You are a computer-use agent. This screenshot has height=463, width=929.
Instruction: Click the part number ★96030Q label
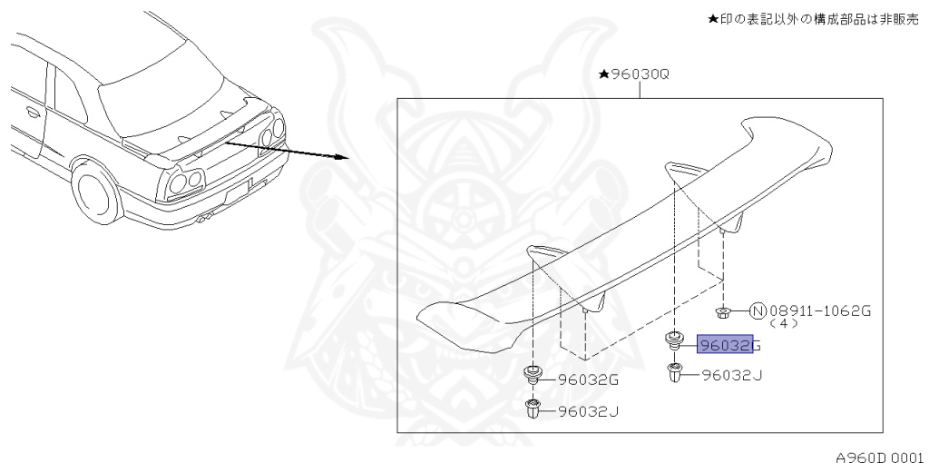634,74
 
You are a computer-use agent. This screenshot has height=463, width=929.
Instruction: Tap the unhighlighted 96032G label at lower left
588,380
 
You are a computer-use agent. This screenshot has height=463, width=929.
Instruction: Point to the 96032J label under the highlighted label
732,375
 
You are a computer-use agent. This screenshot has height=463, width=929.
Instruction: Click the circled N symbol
758,310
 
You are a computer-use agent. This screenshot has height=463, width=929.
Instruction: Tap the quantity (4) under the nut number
783,324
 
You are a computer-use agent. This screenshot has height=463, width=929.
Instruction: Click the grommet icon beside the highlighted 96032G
674,340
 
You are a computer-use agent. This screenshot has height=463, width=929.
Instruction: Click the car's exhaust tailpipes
205,219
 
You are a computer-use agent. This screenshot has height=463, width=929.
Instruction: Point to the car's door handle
34,112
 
